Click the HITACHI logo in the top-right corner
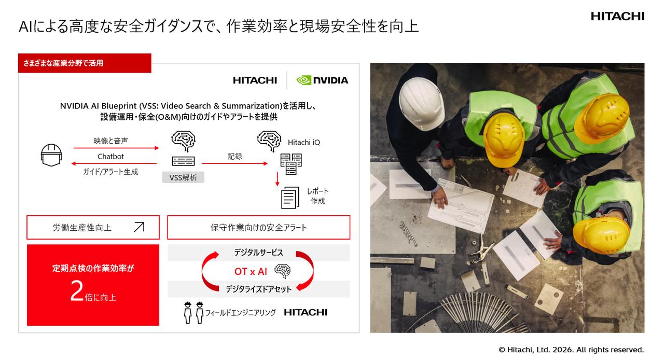click(x=617, y=17)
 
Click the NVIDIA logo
click(x=322, y=80)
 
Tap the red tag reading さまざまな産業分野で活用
click(x=85, y=63)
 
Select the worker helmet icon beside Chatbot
click(x=51, y=155)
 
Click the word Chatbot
click(x=110, y=157)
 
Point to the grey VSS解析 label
click(x=183, y=177)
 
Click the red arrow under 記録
click(x=234, y=163)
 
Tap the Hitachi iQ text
click(x=303, y=142)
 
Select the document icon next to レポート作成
click(x=290, y=197)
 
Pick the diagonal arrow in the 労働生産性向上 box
click(x=139, y=227)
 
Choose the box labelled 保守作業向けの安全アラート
click(x=258, y=227)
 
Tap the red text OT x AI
click(x=251, y=271)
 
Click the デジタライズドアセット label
click(x=258, y=289)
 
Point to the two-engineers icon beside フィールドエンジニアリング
click(x=194, y=312)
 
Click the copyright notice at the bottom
click(x=571, y=350)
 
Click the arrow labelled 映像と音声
click(x=116, y=148)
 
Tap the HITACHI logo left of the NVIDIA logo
click(x=255, y=80)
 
